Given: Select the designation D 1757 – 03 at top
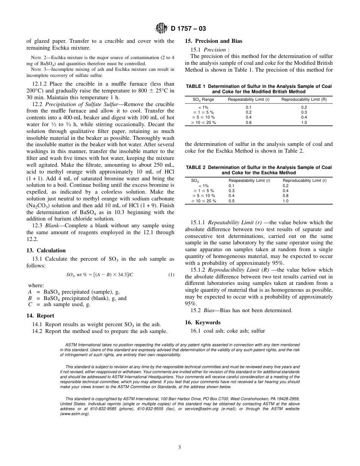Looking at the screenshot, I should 186,28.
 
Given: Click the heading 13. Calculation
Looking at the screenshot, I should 46,250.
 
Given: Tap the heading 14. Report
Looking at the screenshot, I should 40,316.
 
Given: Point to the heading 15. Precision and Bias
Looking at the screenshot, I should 213,41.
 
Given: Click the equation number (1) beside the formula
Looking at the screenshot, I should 171,275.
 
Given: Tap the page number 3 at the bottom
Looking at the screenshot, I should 180,447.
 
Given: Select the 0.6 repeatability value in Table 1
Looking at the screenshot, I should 249,123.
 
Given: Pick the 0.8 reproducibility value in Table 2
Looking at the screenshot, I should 285,196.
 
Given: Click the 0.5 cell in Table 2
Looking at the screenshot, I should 232,201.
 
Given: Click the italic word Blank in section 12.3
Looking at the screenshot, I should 53,226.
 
